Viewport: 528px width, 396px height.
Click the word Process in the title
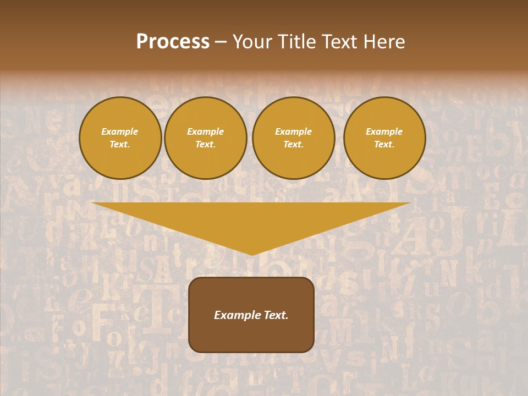click(x=173, y=42)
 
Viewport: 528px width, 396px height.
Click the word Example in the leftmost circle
click(x=120, y=132)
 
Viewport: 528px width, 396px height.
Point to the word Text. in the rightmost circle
click(x=384, y=145)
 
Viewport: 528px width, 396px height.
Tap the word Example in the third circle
click(x=294, y=132)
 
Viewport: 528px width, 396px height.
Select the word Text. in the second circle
click(x=206, y=145)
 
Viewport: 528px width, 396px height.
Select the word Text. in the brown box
click(x=275, y=315)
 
